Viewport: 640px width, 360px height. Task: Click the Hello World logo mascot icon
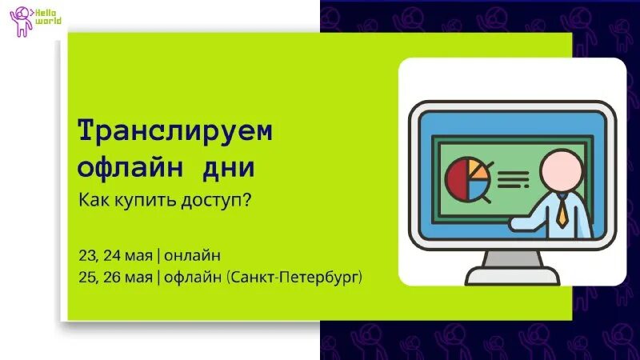(x=19, y=22)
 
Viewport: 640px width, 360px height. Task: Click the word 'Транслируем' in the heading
(x=174, y=132)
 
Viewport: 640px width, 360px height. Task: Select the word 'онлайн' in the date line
(x=192, y=255)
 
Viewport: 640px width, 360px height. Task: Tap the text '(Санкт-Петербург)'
(x=295, y=278)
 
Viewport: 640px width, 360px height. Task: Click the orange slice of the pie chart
(x=478, y=169)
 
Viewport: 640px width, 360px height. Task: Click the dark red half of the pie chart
(x=456, y=180)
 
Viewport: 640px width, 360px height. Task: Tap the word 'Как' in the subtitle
(x=92, y=199)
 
